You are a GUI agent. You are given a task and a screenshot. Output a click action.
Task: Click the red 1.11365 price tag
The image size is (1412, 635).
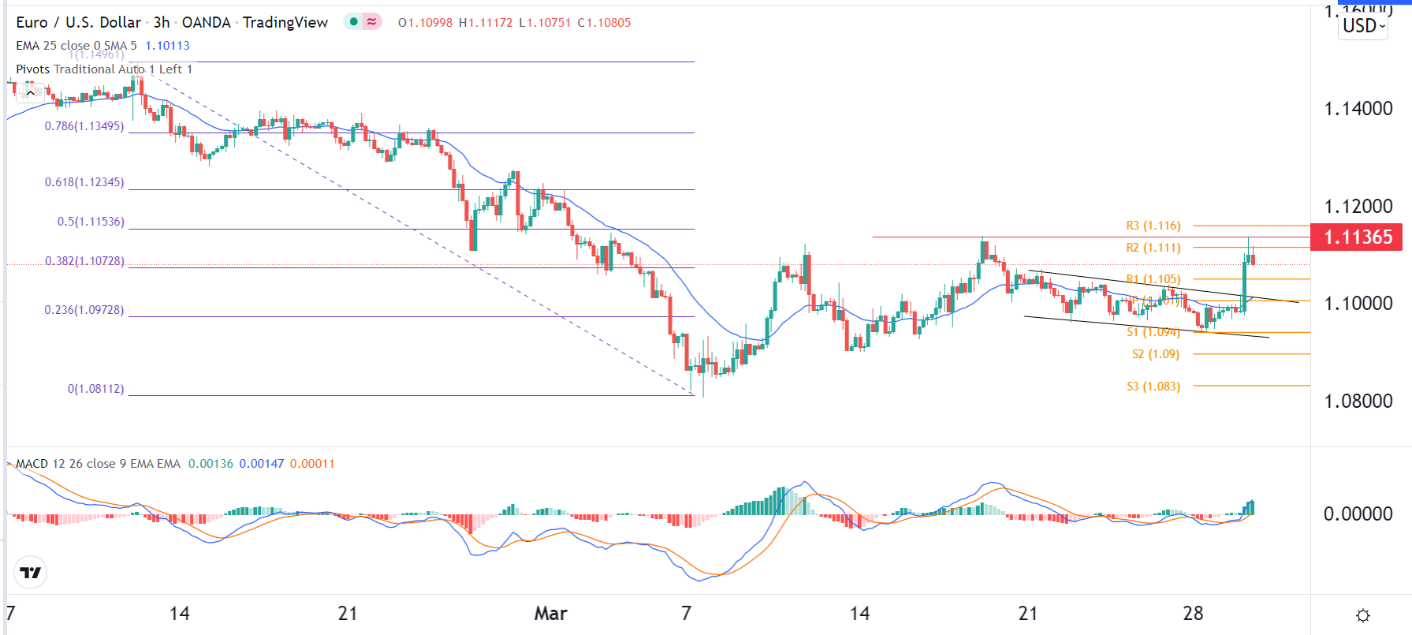[1357, 237]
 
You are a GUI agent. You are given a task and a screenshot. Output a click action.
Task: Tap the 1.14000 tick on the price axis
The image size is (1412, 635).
[1358, 109]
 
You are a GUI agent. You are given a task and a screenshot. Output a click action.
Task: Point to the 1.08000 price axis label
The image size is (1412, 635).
[1358, 401]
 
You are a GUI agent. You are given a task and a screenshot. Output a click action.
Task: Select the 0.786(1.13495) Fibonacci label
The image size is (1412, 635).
[84, 126]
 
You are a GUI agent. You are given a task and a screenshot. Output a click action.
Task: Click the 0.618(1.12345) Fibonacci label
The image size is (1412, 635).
[84, 182]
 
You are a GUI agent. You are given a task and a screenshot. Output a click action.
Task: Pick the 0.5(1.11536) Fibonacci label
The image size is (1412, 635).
[91, 222]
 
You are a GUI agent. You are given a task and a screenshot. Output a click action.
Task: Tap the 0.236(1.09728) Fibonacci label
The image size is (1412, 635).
[84, 310]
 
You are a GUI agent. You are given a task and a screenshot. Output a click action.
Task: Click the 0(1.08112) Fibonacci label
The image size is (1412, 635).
[95, 389]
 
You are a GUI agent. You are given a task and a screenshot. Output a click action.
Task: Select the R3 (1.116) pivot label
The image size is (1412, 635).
[1153, 226]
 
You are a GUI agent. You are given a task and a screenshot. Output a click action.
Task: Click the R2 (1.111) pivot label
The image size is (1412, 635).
[1153, 248]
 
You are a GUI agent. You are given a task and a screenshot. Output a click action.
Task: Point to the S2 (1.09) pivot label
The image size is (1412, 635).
[1155, 354]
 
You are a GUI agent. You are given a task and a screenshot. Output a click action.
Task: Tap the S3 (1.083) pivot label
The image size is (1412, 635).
[1153, 387]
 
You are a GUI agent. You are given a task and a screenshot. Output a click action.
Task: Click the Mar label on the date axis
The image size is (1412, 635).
[550, 614]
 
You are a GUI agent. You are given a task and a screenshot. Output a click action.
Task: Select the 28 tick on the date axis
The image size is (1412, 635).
[1193, 614]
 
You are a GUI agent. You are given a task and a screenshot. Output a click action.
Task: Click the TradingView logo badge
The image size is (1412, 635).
[31, 573]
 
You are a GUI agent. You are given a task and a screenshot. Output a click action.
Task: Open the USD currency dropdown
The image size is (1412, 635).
[1363, 26]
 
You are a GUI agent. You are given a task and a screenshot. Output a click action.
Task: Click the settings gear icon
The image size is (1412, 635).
[1362, 615]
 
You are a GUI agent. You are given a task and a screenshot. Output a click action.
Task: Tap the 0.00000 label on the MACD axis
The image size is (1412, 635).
[1358, 514]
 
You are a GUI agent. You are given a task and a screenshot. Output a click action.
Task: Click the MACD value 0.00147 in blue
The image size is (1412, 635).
[261, 464]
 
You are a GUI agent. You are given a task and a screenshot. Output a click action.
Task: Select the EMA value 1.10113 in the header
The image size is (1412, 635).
[167, 46]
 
